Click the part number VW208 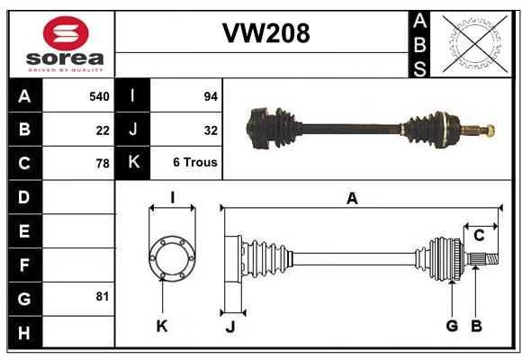point(266,33)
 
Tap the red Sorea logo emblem point(66,33)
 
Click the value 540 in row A point(99,96)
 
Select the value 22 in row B point(103,130)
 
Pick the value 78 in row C point(103,164)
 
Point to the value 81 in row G point(103,296)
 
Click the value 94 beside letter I point(211,96)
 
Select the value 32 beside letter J point(211,130)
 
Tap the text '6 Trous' point(195,162)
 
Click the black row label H point(24,332)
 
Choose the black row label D point(24,197)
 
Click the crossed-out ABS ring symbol point(475,44)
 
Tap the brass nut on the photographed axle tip point(490,130)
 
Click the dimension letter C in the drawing point(479,236)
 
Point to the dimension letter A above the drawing point(352,199)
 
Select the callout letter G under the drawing point(452,326)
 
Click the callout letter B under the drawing point(476,326)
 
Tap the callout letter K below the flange point(162,326)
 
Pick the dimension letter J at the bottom point(230,327)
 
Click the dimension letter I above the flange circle point(173,197)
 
